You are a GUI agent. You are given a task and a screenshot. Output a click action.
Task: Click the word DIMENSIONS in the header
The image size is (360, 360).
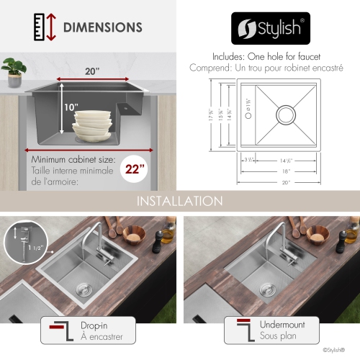(103, 28)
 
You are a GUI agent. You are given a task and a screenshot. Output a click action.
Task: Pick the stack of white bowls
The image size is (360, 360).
(91, 123)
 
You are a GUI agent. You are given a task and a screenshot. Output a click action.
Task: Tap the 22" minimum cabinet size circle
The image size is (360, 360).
(135, 170)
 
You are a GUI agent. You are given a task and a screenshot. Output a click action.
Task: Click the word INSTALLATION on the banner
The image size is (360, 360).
(179, 200)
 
